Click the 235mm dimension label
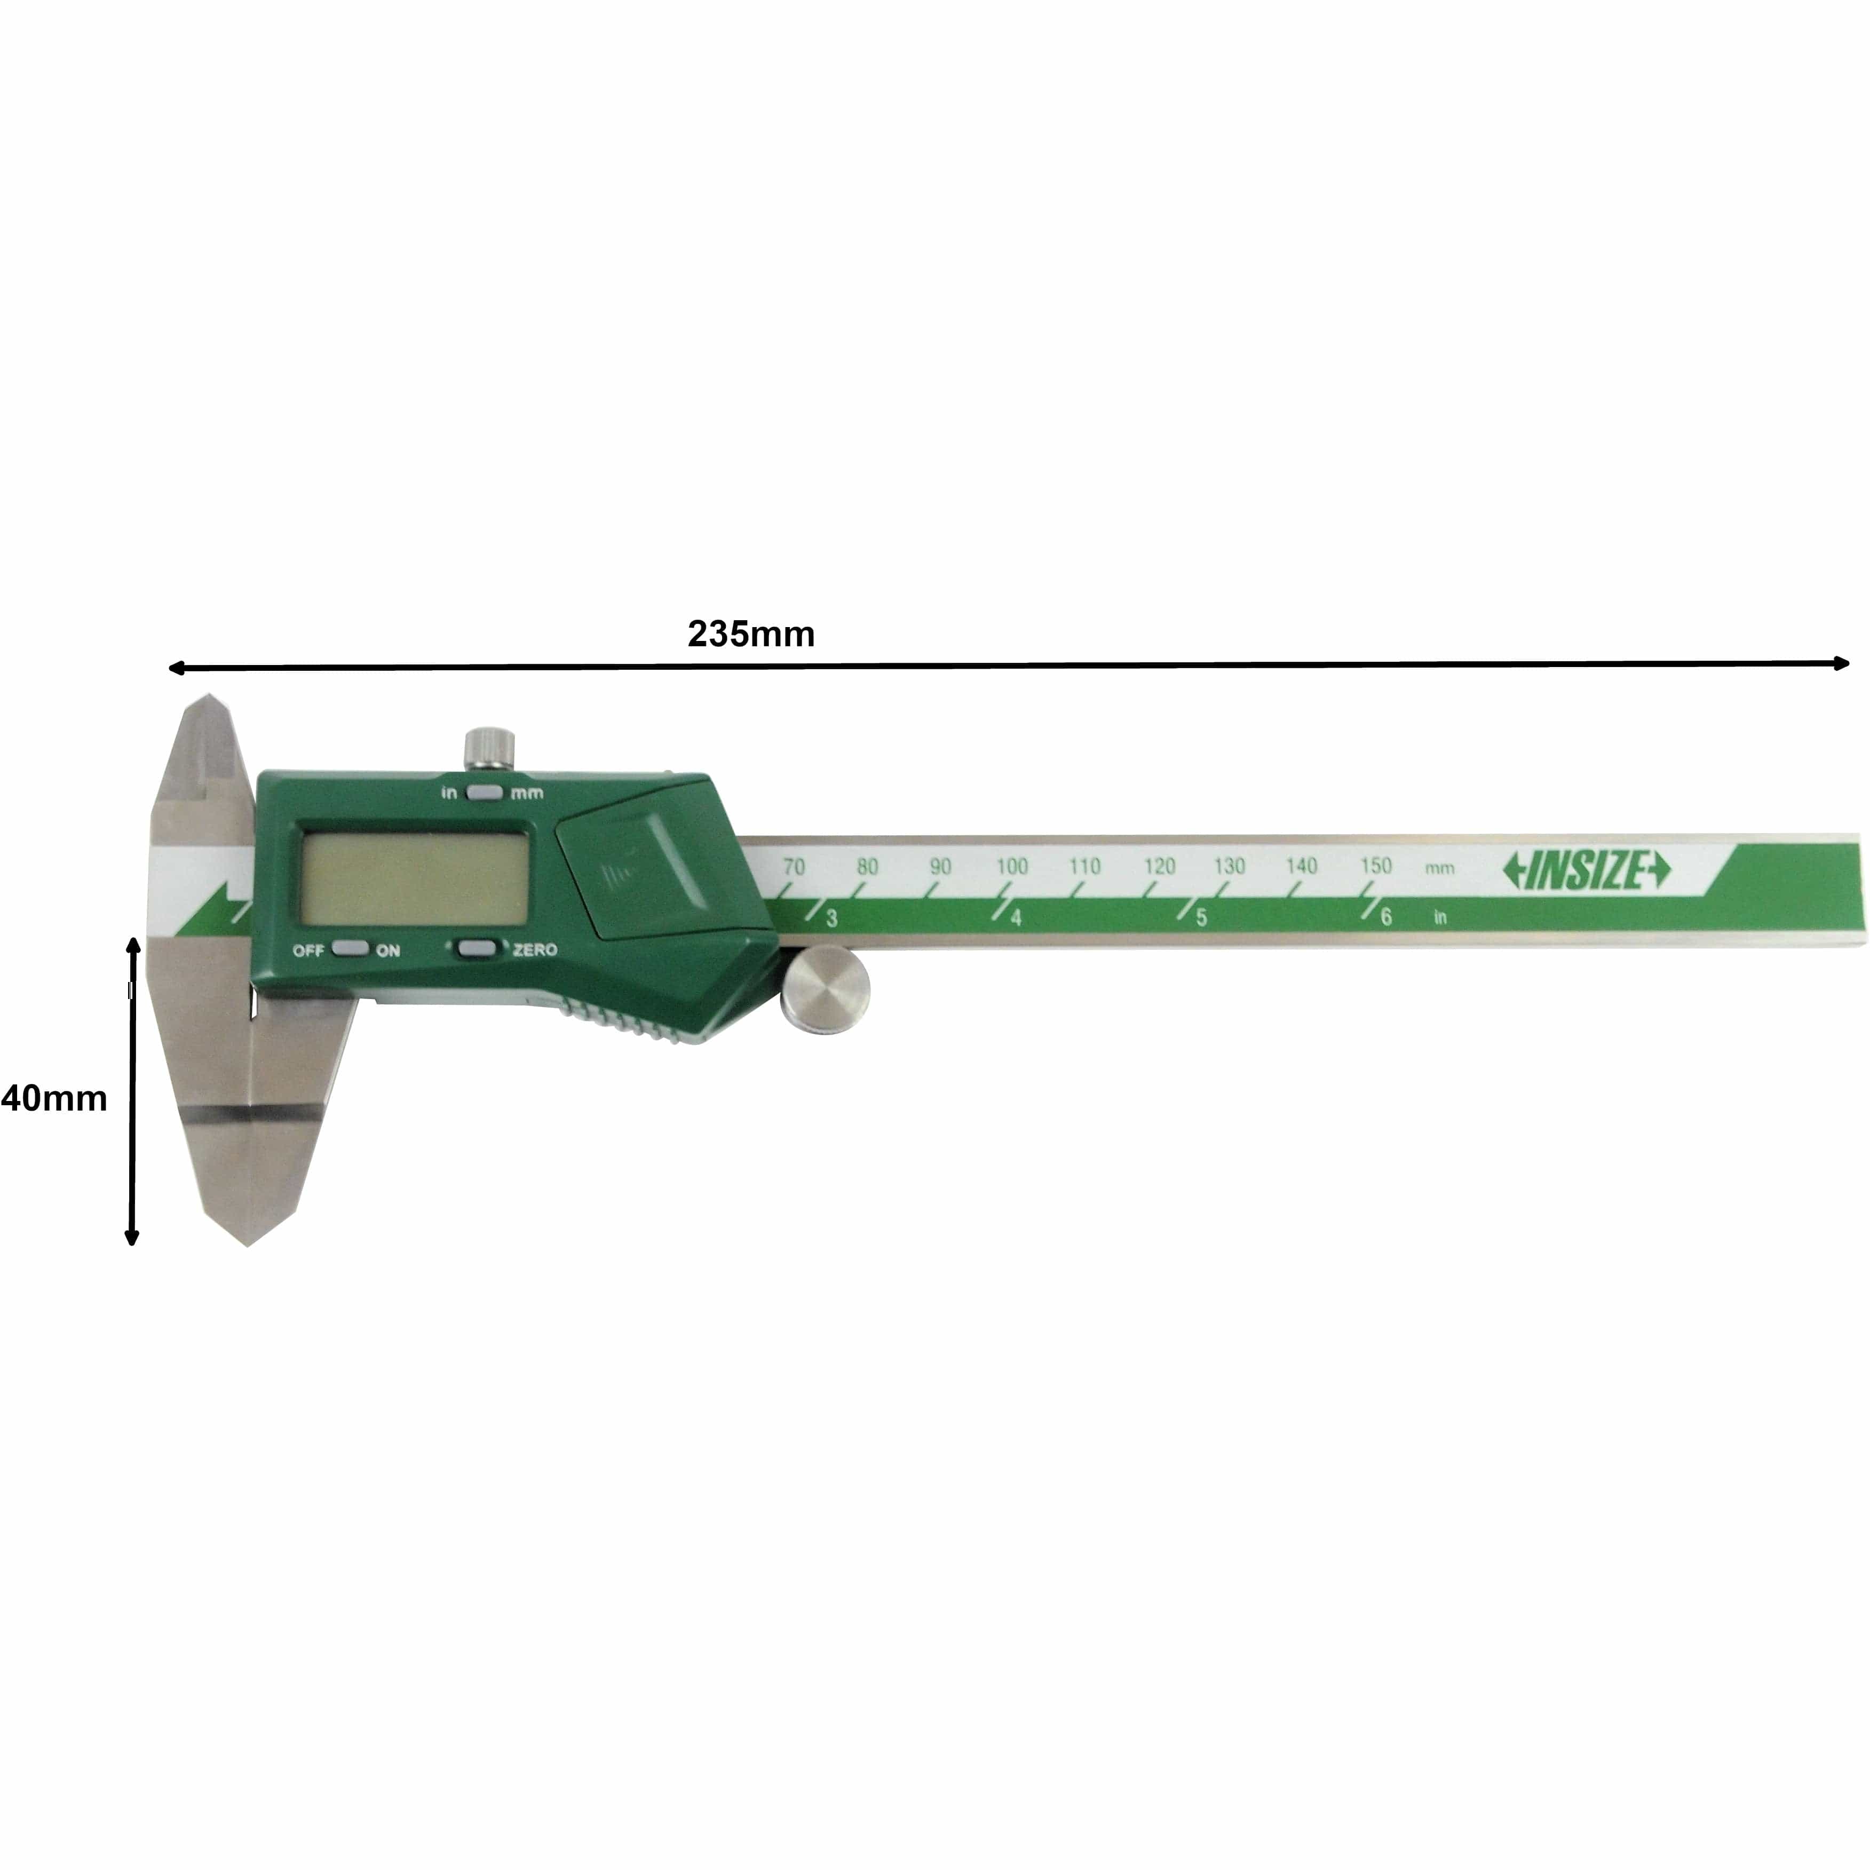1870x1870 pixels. pyautogui.click(x=751, y=634)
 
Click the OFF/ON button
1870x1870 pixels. pyautogui.click(x=348, y=948)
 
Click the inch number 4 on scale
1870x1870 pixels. pyautogui.click(x=1016, y=917)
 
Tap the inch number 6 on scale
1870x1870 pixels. pyautogui.click(x=1386, y=917)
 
